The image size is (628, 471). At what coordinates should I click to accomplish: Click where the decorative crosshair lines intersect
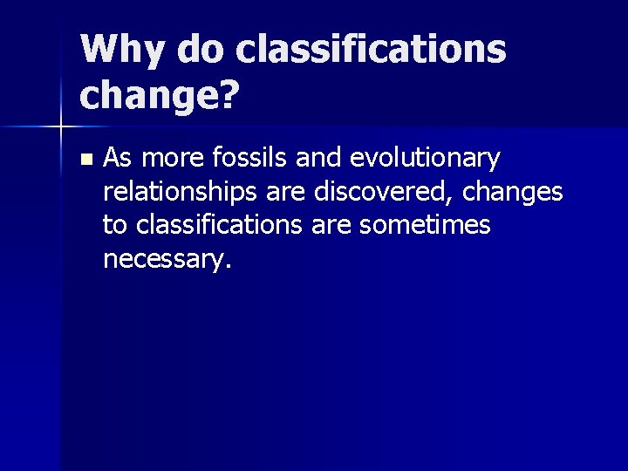[60, 127]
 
